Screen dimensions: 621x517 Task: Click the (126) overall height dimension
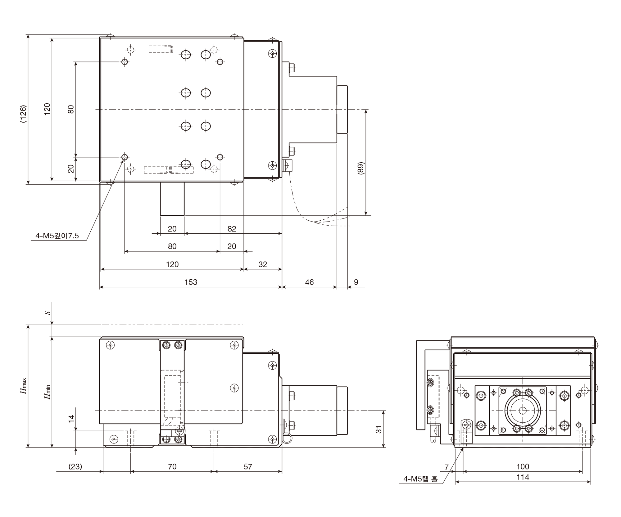pyautogui.click(x=23, y=115)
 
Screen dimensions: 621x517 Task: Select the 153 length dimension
pyautogui.click(x=191, y=282)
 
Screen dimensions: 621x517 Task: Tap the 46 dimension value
pyautogui.click(x=309, y=282)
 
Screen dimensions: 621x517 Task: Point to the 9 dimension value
pyautogui.click(x=356, y=282)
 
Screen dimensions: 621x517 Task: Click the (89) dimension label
pyautogui.click(x=360, y=169)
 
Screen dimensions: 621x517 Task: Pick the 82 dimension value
pyautogui.click(x=232, y=229)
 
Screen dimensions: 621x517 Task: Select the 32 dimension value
pyautogui.click(x=263, y=264)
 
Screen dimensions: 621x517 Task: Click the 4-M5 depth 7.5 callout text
pyautogui.click(x=57, y=236)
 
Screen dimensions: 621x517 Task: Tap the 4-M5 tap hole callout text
pyautogui.click(x=420, y=479)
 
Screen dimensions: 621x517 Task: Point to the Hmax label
pyautogui.click(x=24, y=386)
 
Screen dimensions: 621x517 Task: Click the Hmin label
pyautogui.click(x=47, y=392)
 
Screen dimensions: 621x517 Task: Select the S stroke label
pyautogui.click(x=48, y=312)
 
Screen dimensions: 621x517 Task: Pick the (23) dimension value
pyautogui.click(x=75, y=466)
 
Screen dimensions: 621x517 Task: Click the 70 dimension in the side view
pyautogui.click(x=172, y=466)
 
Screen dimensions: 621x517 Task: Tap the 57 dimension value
pyautogui.click(x=248, y=466)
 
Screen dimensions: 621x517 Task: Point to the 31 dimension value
pyautogui.click(x=378, y=429)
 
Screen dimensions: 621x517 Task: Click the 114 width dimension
pyautogui.click(x=523, y=477)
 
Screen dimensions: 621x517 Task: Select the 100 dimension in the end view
pyautogui.click(x=523, y=466)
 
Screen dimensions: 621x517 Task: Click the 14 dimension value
pyautogui.click(x=71, y=419)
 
